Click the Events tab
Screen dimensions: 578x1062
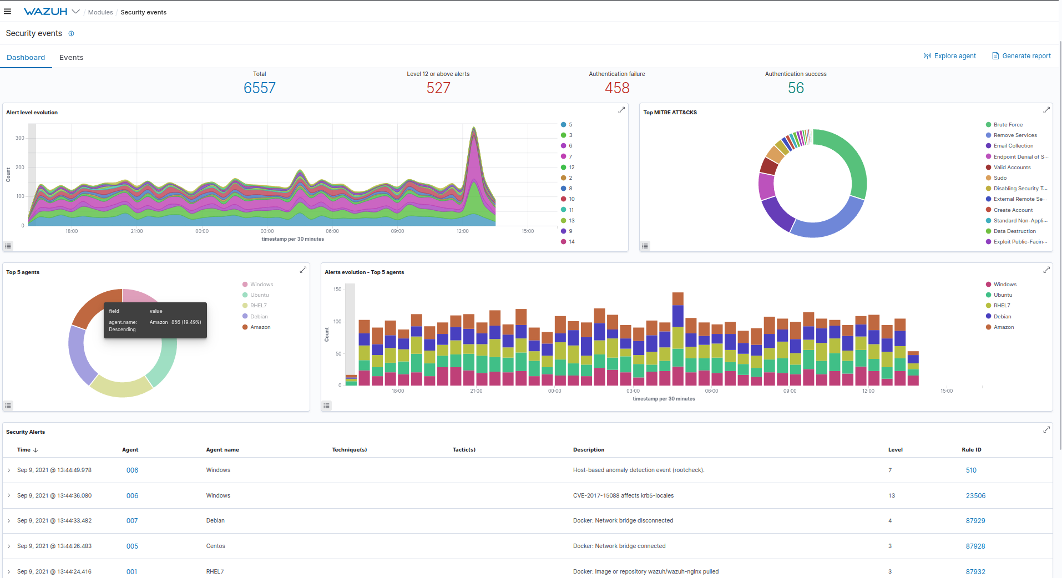71,57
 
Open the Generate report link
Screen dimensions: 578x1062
1026,56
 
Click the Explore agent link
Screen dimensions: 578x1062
954,56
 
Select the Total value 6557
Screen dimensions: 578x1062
259,88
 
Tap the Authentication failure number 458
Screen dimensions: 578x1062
616,88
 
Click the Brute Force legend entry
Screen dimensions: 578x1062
1008,125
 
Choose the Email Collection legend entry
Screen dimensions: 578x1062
1013,146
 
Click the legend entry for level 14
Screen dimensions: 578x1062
571,242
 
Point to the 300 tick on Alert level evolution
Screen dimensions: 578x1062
19,138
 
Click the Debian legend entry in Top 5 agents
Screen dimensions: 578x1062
259,317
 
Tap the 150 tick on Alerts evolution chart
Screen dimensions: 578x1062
337,290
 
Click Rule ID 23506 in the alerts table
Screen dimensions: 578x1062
975,496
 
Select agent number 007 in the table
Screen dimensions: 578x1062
132,521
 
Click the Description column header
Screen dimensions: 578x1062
588,450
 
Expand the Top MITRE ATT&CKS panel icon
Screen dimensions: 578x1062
1046,110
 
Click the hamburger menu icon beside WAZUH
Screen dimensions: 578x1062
8,12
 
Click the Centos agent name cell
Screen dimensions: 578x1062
215,546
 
